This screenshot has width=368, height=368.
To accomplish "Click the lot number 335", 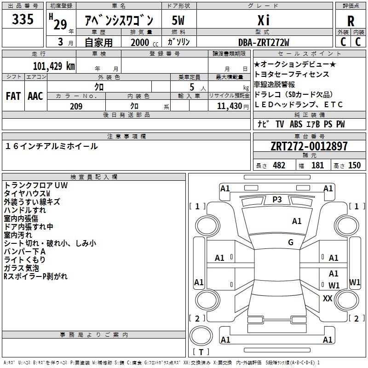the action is click(x=23, y=19).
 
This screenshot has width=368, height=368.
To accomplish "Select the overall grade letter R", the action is click(x=351, y=21).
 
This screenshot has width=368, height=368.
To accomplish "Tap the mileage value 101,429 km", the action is click(x=54, y=66).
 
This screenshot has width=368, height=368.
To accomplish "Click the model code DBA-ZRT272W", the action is click(x=264, y=42).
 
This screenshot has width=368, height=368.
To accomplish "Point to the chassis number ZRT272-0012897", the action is click(x=309, y=146).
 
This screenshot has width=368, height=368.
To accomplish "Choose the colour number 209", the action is click(x=76, y=106).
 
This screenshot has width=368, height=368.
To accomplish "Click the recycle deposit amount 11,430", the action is click(x=229, y=106).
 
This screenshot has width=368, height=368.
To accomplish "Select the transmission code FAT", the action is click(x=13, y=96).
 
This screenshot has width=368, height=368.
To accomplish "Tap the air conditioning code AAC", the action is click(x=35, y=96).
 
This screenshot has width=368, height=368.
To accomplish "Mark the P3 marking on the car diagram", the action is click(x=277, y=200).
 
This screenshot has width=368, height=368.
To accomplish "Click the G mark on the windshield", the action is click(x=291, y=242).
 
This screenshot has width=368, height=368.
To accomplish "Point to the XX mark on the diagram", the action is click(x=328, y=299).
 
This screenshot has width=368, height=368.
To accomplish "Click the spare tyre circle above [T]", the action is click(x=201, y=336).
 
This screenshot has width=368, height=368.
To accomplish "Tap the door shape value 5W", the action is click(x=178, y=20).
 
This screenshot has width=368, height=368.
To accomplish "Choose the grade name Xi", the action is click(x=264, y=20).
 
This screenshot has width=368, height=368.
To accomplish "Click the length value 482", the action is click(x=279, y=166).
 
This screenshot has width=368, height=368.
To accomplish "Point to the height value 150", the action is click(x=354, y=166).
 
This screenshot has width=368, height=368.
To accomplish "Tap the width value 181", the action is click(x=317, y=166).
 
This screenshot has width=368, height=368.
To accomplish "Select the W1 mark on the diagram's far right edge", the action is click(x=355, y=282).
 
